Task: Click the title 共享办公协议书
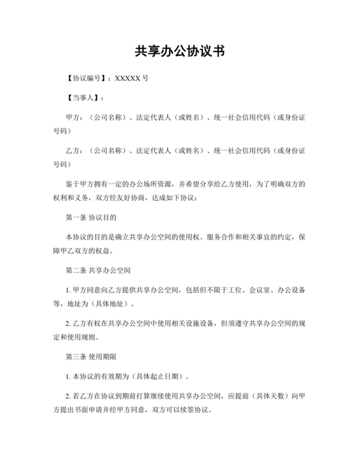pyautogui.click(x=179, y=52)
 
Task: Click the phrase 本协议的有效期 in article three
pyautogui.click(x=98, y=375)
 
